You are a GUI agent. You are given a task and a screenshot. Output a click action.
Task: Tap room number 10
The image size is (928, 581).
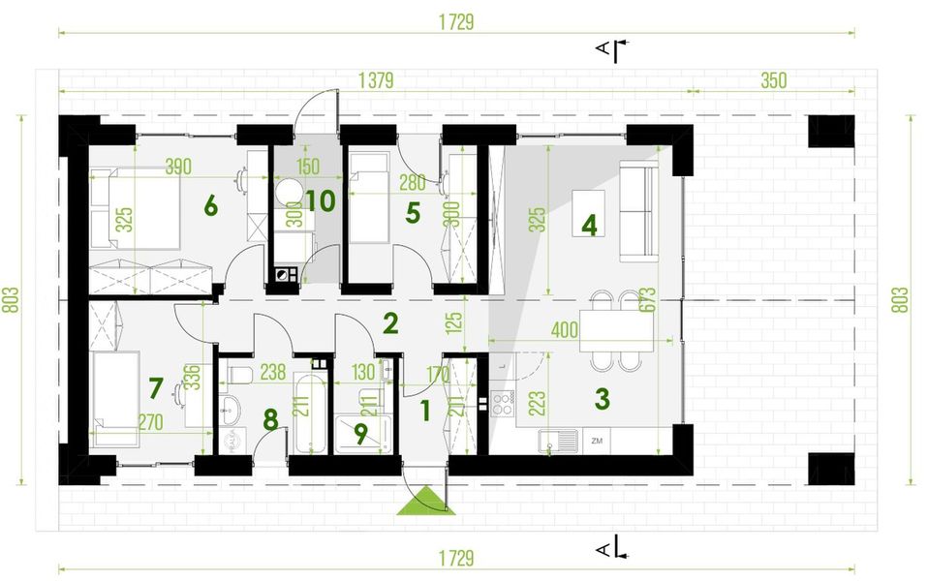point(321,201)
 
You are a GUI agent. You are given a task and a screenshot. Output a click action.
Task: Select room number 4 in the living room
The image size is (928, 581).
point(588,225)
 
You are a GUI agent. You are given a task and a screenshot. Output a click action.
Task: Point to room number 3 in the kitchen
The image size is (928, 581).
point(602,397)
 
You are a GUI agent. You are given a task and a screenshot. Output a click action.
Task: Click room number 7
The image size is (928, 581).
point(156,387)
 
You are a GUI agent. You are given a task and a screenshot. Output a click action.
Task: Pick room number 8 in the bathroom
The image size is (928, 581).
point(270,419)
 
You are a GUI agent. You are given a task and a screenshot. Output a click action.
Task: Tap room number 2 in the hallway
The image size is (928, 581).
point(390,322)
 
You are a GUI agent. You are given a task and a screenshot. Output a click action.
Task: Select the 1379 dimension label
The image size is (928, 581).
point(375,80)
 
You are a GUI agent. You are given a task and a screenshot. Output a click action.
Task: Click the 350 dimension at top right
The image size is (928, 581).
point(773,80)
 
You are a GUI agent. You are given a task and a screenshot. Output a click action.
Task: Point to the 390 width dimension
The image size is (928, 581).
point(178,167)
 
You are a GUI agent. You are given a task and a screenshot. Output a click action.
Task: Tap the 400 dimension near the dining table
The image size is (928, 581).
point(564,330)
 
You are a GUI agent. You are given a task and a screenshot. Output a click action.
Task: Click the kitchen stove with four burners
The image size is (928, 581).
point(503,402)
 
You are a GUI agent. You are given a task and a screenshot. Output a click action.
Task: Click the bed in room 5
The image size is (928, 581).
point(368,203)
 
